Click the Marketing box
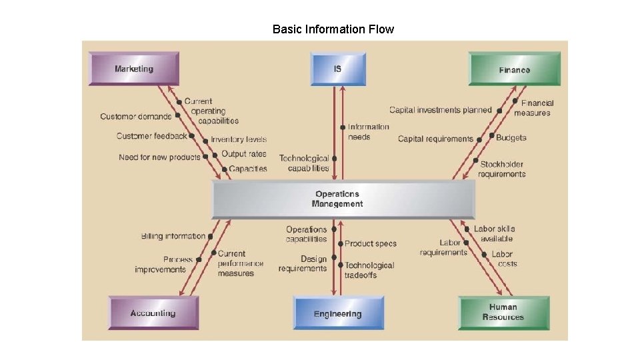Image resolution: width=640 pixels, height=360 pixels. [134, 69]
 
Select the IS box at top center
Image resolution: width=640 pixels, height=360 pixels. [338, 69]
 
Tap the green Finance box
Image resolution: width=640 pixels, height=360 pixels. [514, 69]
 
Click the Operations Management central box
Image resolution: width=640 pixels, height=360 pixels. [343, 199]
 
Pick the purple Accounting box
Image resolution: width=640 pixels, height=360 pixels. [153, 313]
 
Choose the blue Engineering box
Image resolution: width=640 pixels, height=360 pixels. [338, 313]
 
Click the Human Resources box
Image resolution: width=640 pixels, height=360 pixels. [503, 312]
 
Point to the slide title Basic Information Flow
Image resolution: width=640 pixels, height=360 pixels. [333, 29]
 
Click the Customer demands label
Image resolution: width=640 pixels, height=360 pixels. [135, 117]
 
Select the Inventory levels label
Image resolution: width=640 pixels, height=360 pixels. [239, 139]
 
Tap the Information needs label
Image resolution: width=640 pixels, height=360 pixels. [368, 131]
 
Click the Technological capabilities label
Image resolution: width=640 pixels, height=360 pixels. [304, 163]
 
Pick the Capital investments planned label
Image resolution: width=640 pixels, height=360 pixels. [440, 110]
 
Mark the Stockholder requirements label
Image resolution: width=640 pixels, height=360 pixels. [502, 169]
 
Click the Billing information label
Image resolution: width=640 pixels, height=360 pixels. [173, 236]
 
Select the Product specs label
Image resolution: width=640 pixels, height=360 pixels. [371, 244]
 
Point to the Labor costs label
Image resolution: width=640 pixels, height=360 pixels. [503, 259]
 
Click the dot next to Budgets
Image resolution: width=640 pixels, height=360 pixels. [491, 137]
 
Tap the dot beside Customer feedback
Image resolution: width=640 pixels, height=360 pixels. [191, 136]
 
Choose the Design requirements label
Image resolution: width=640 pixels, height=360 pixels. [303, 263]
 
